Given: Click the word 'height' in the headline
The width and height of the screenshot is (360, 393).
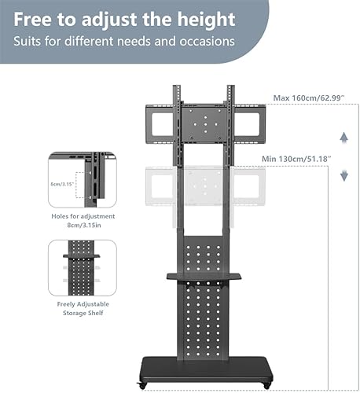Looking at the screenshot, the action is (206, 20).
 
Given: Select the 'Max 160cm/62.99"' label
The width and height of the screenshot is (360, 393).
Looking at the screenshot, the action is (309, 98).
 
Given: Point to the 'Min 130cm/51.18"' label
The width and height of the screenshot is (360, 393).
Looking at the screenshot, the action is (296, 159).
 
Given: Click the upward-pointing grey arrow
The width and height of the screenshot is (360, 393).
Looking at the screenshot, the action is (343, 138).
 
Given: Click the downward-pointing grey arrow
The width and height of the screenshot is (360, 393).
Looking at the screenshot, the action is (343, 175).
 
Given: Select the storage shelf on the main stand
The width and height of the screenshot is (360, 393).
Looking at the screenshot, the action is (204, 277).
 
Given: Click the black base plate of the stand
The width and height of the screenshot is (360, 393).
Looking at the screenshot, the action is (206, 370).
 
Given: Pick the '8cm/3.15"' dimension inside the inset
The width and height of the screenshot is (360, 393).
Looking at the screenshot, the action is (62, 184).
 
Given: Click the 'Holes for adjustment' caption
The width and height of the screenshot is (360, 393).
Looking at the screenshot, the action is (83, 216).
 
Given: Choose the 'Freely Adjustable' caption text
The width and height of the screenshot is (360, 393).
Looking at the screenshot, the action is (83, 304).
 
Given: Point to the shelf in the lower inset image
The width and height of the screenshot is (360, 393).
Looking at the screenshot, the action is (81, 255).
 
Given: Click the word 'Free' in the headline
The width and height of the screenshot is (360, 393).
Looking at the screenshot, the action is (32, 20).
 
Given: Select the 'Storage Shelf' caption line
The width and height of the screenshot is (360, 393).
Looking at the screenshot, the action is (83, 313).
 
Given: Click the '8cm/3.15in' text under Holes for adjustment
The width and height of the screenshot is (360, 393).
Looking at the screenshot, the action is (84, 225).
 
